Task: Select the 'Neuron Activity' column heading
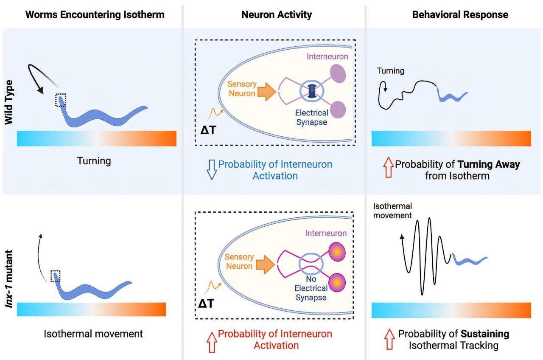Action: [x=276, y=15]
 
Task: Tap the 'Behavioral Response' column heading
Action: [x=460, y=15]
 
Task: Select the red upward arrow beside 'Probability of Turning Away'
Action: [x=387, y=169]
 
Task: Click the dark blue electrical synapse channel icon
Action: [x=312, y=92]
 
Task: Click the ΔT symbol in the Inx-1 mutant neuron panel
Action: [x=207, y=303]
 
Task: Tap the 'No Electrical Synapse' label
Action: [x=312, y=288]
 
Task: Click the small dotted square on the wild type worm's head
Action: [x=61, y=100]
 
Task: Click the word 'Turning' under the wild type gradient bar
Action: [x=94, y=161]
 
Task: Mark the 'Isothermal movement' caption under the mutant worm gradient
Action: [x=93, y=334]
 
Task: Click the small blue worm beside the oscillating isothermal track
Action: [x=469, y=259]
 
